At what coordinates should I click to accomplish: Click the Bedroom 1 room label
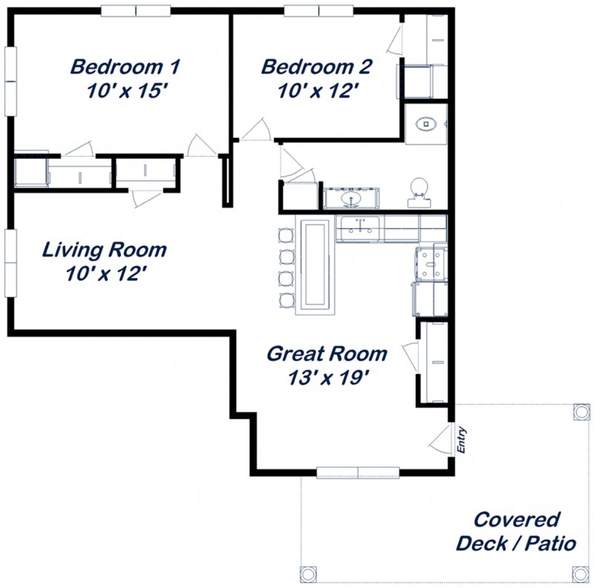[125, 67]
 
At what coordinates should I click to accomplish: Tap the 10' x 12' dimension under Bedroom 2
[318, 90]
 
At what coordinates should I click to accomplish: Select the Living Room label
[104, 250]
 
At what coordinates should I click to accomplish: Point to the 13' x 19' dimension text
[328, 377]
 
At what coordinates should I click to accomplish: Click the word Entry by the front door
[461, 440]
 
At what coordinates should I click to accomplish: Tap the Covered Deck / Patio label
[516, 531]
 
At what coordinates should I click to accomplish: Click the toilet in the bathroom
[419, 193]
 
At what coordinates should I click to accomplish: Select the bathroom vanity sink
[351, 198]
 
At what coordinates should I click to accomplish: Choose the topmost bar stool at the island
[286, 236]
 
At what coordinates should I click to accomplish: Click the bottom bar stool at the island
[286, 301]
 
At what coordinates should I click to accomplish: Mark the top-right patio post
[581, 412]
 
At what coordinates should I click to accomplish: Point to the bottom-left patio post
[308, 574]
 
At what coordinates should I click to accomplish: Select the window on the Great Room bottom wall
[358, 472]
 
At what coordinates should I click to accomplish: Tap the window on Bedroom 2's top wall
[318, 11]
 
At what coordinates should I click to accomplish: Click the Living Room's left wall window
[10, 262]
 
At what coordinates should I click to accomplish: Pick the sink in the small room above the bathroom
[426, 124]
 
